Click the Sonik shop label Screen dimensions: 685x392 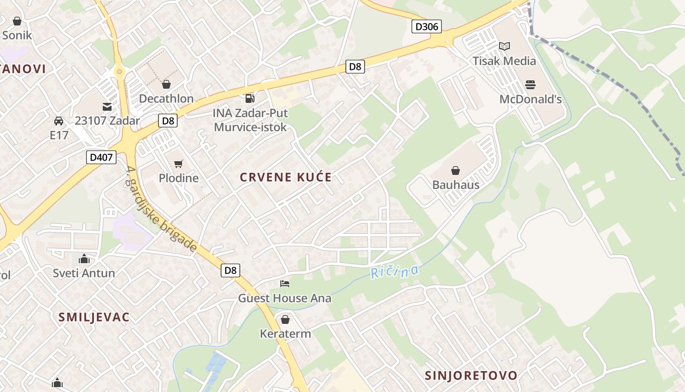17,35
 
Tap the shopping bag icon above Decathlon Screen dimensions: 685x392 166,84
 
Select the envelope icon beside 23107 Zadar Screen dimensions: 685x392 107,106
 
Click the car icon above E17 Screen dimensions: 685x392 59,121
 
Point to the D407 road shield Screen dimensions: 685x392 102,157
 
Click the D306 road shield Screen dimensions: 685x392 426,26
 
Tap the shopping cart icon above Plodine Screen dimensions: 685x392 178,164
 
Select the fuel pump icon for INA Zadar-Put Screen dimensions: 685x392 250,98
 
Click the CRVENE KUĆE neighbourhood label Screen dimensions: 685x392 286,177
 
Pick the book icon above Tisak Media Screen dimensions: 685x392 504,47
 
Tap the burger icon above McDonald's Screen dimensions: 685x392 530,85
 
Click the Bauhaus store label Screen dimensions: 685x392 456,185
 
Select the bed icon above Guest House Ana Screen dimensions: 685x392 284,284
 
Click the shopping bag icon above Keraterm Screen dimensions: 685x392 285,319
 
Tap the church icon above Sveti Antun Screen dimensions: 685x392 84,258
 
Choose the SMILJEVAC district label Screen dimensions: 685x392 94,317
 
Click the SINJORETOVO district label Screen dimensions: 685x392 471,375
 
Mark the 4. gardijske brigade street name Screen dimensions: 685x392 161,209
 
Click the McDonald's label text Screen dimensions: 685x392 530,99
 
